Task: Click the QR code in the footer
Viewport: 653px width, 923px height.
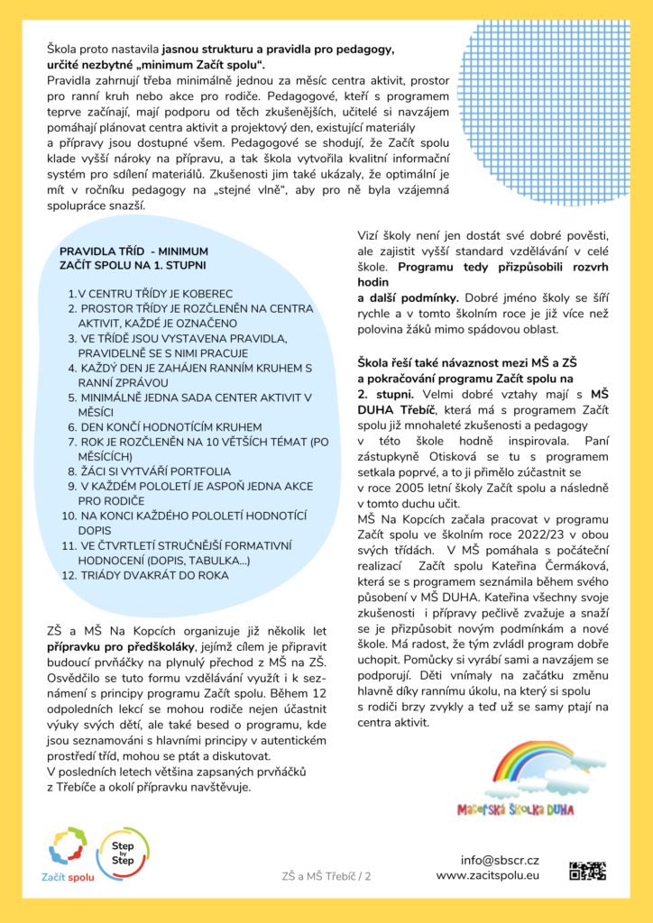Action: click(x=587, y=870)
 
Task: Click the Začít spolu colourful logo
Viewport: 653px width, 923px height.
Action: click(x=69, y=850)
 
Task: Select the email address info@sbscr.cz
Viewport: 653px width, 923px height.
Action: click(x=500, y=860)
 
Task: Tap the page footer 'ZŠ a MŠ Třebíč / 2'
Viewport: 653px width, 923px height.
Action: click(x=326, y=875)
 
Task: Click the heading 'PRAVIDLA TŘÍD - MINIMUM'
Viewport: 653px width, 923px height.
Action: click(x=133, y=251)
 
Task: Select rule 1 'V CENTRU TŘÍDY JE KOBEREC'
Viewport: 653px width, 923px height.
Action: click(x=151, y=294)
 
